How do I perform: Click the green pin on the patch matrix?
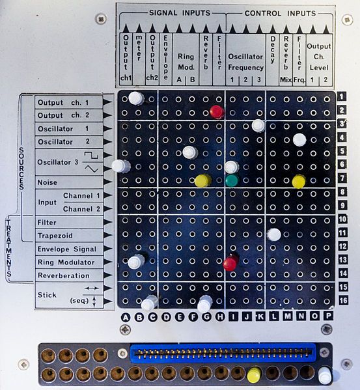point(232,180)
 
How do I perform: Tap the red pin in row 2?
point(217,112)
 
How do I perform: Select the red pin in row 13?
point(230,263)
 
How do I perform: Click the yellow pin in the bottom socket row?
point(254,374)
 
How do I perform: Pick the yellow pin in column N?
point(299,182)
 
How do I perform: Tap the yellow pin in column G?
point(202,180)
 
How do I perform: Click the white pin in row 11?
point(274,234)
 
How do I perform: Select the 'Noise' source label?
point(48,182)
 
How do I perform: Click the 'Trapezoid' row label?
point(55,236)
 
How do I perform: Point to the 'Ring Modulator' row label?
point(66,262)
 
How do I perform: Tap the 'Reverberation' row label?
point(63,275)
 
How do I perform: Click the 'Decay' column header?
point(273,49)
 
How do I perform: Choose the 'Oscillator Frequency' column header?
point(245,63)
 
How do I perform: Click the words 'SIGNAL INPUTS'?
point(180,13)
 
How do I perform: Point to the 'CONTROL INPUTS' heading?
point(280,13)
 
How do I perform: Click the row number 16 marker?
point(343,300)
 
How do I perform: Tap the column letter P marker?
point(328,316)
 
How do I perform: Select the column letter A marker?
point(126,318)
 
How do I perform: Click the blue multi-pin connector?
point(223,353)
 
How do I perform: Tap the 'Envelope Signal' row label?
point(66,249)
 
